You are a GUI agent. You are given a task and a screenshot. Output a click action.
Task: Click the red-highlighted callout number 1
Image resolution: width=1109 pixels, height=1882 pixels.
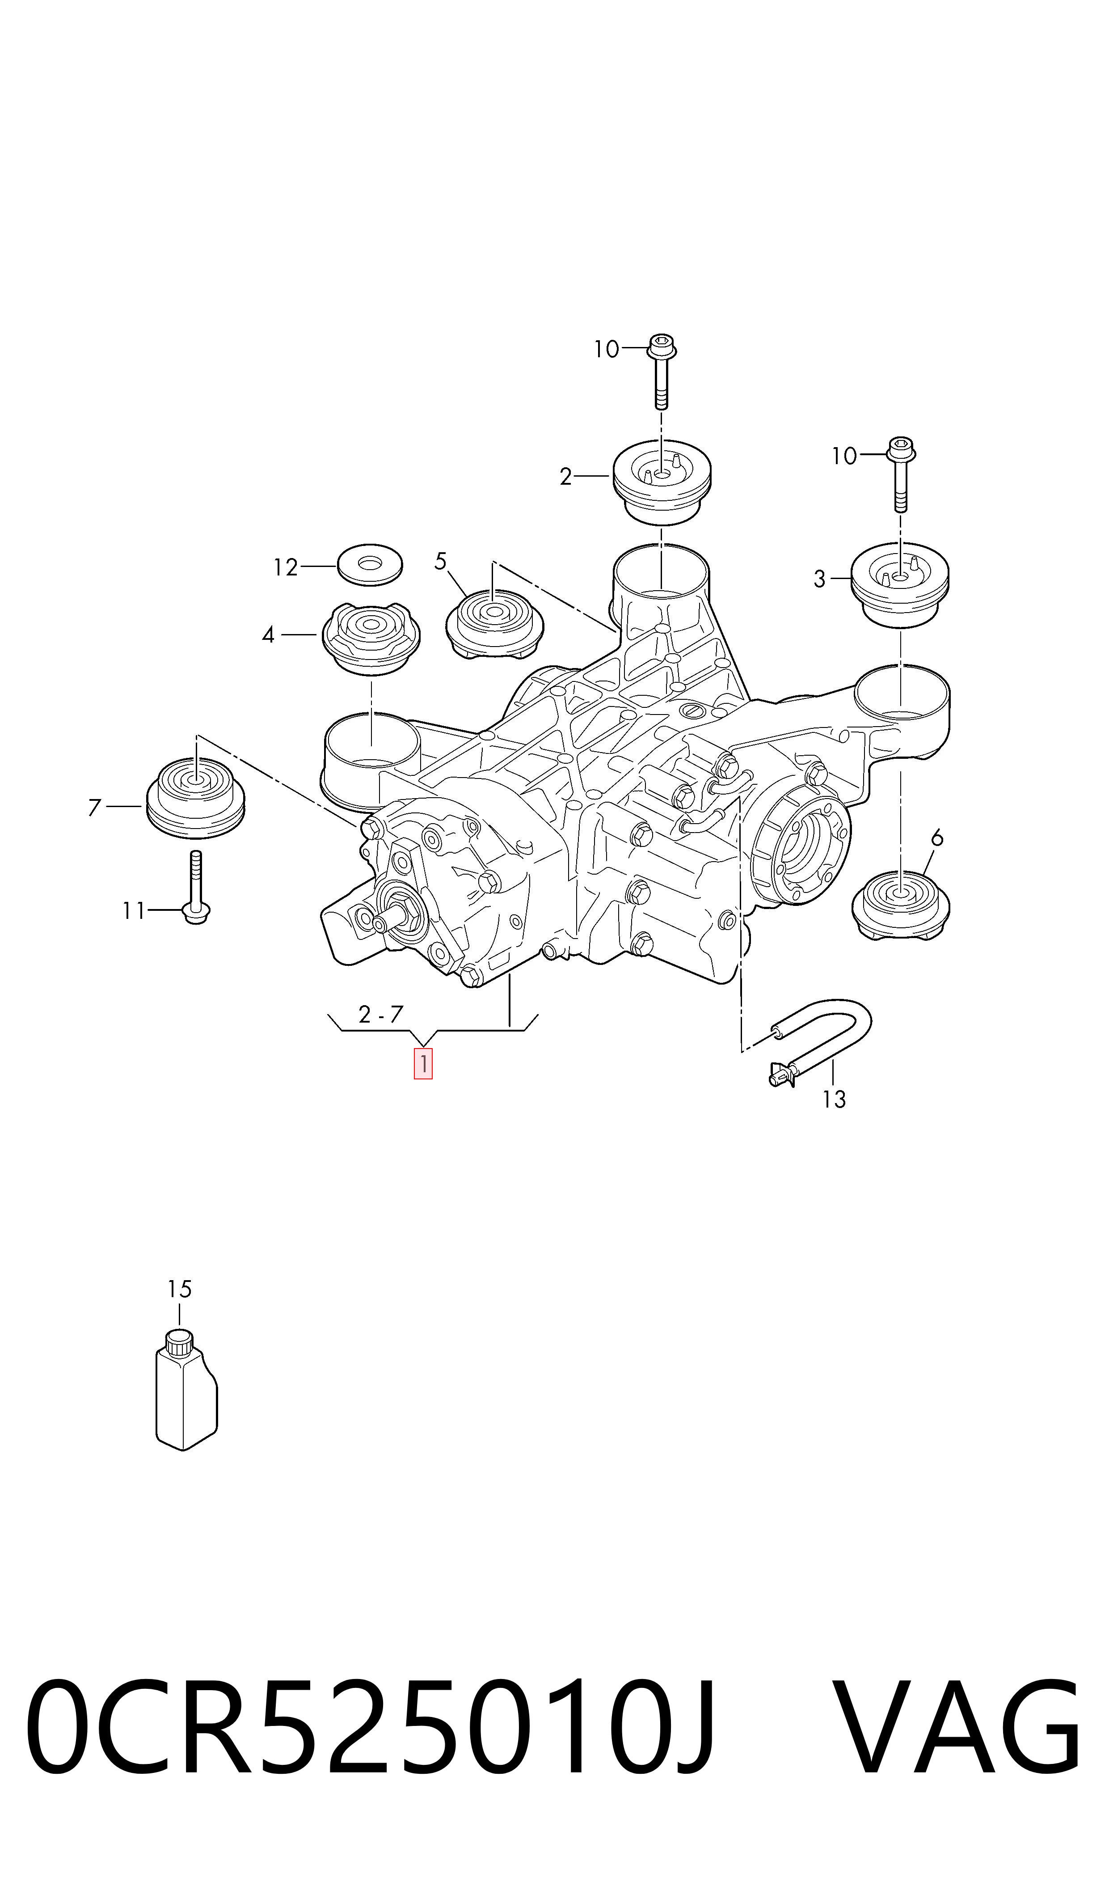pyautogui.click(x=423, y=1064)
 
